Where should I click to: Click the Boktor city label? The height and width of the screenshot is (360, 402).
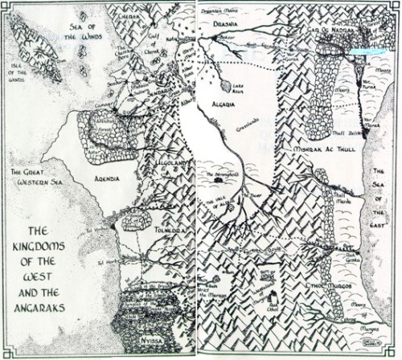click(228, 37)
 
